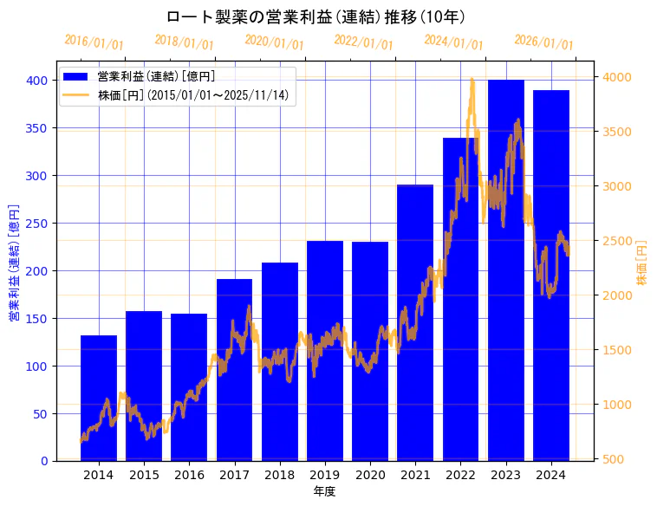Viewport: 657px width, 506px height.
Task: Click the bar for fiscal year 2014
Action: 99,398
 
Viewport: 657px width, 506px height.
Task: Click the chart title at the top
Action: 315,16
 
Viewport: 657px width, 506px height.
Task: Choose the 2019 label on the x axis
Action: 325,474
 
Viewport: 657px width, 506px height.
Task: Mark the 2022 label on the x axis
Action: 460,474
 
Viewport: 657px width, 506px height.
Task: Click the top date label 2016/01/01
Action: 94,42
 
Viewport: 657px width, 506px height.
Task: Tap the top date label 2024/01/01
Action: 453,42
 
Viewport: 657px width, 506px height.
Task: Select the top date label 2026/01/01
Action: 543,42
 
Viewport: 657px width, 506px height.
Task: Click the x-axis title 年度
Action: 324,491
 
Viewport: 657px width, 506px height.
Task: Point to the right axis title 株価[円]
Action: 642,263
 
